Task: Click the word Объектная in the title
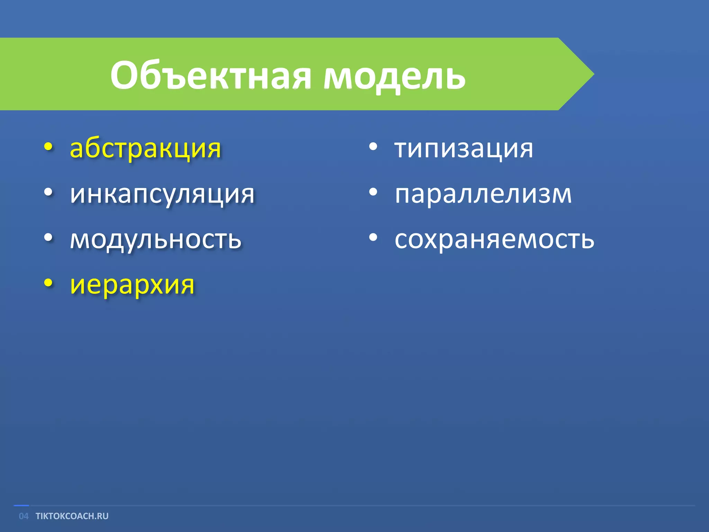[x=211, y=76]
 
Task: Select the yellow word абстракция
[x=145, y=149]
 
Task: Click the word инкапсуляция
[x=162, y=195]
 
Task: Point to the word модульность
[x=155, y=240]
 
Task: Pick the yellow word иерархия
[x=132, y=285]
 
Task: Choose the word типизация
[x=464, y=149]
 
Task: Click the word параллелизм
[x=483, y=194]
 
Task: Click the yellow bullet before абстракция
[x=48, y=147]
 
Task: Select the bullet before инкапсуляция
[x=48, y=192]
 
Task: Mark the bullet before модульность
[x=48, y=238]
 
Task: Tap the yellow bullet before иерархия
[x=48, y=283]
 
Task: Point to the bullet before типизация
[x=373, y=147]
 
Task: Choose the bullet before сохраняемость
[x=373, y=238]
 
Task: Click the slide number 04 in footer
[x=24, y=516]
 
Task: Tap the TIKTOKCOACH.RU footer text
[x=72, y=516]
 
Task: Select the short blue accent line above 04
[x=21, y=506]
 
